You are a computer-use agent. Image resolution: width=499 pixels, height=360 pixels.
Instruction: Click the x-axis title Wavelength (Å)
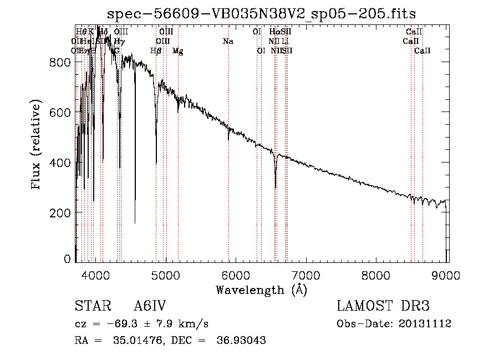pyautogui.click(x=261, y=290)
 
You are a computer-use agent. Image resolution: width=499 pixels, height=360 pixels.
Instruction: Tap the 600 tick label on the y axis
pyautogui.click(x=60, y=113)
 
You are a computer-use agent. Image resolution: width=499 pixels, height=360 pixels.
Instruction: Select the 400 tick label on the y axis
pyautogui.click(x=60, y=163)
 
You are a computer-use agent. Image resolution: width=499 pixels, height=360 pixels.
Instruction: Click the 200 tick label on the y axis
pyautogui.click(x=60, y=213)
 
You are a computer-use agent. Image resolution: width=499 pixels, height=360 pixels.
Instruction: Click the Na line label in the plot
pyautogui.click(x=228, y=41)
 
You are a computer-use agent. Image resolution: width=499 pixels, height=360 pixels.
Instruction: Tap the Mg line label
pyautogui.click(x=177, y=51)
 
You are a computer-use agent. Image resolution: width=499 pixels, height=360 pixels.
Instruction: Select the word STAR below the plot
pyautogui.click(x=92, y=306)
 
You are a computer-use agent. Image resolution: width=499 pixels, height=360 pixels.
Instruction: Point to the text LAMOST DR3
pyautogui.click(x=383, y=306)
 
